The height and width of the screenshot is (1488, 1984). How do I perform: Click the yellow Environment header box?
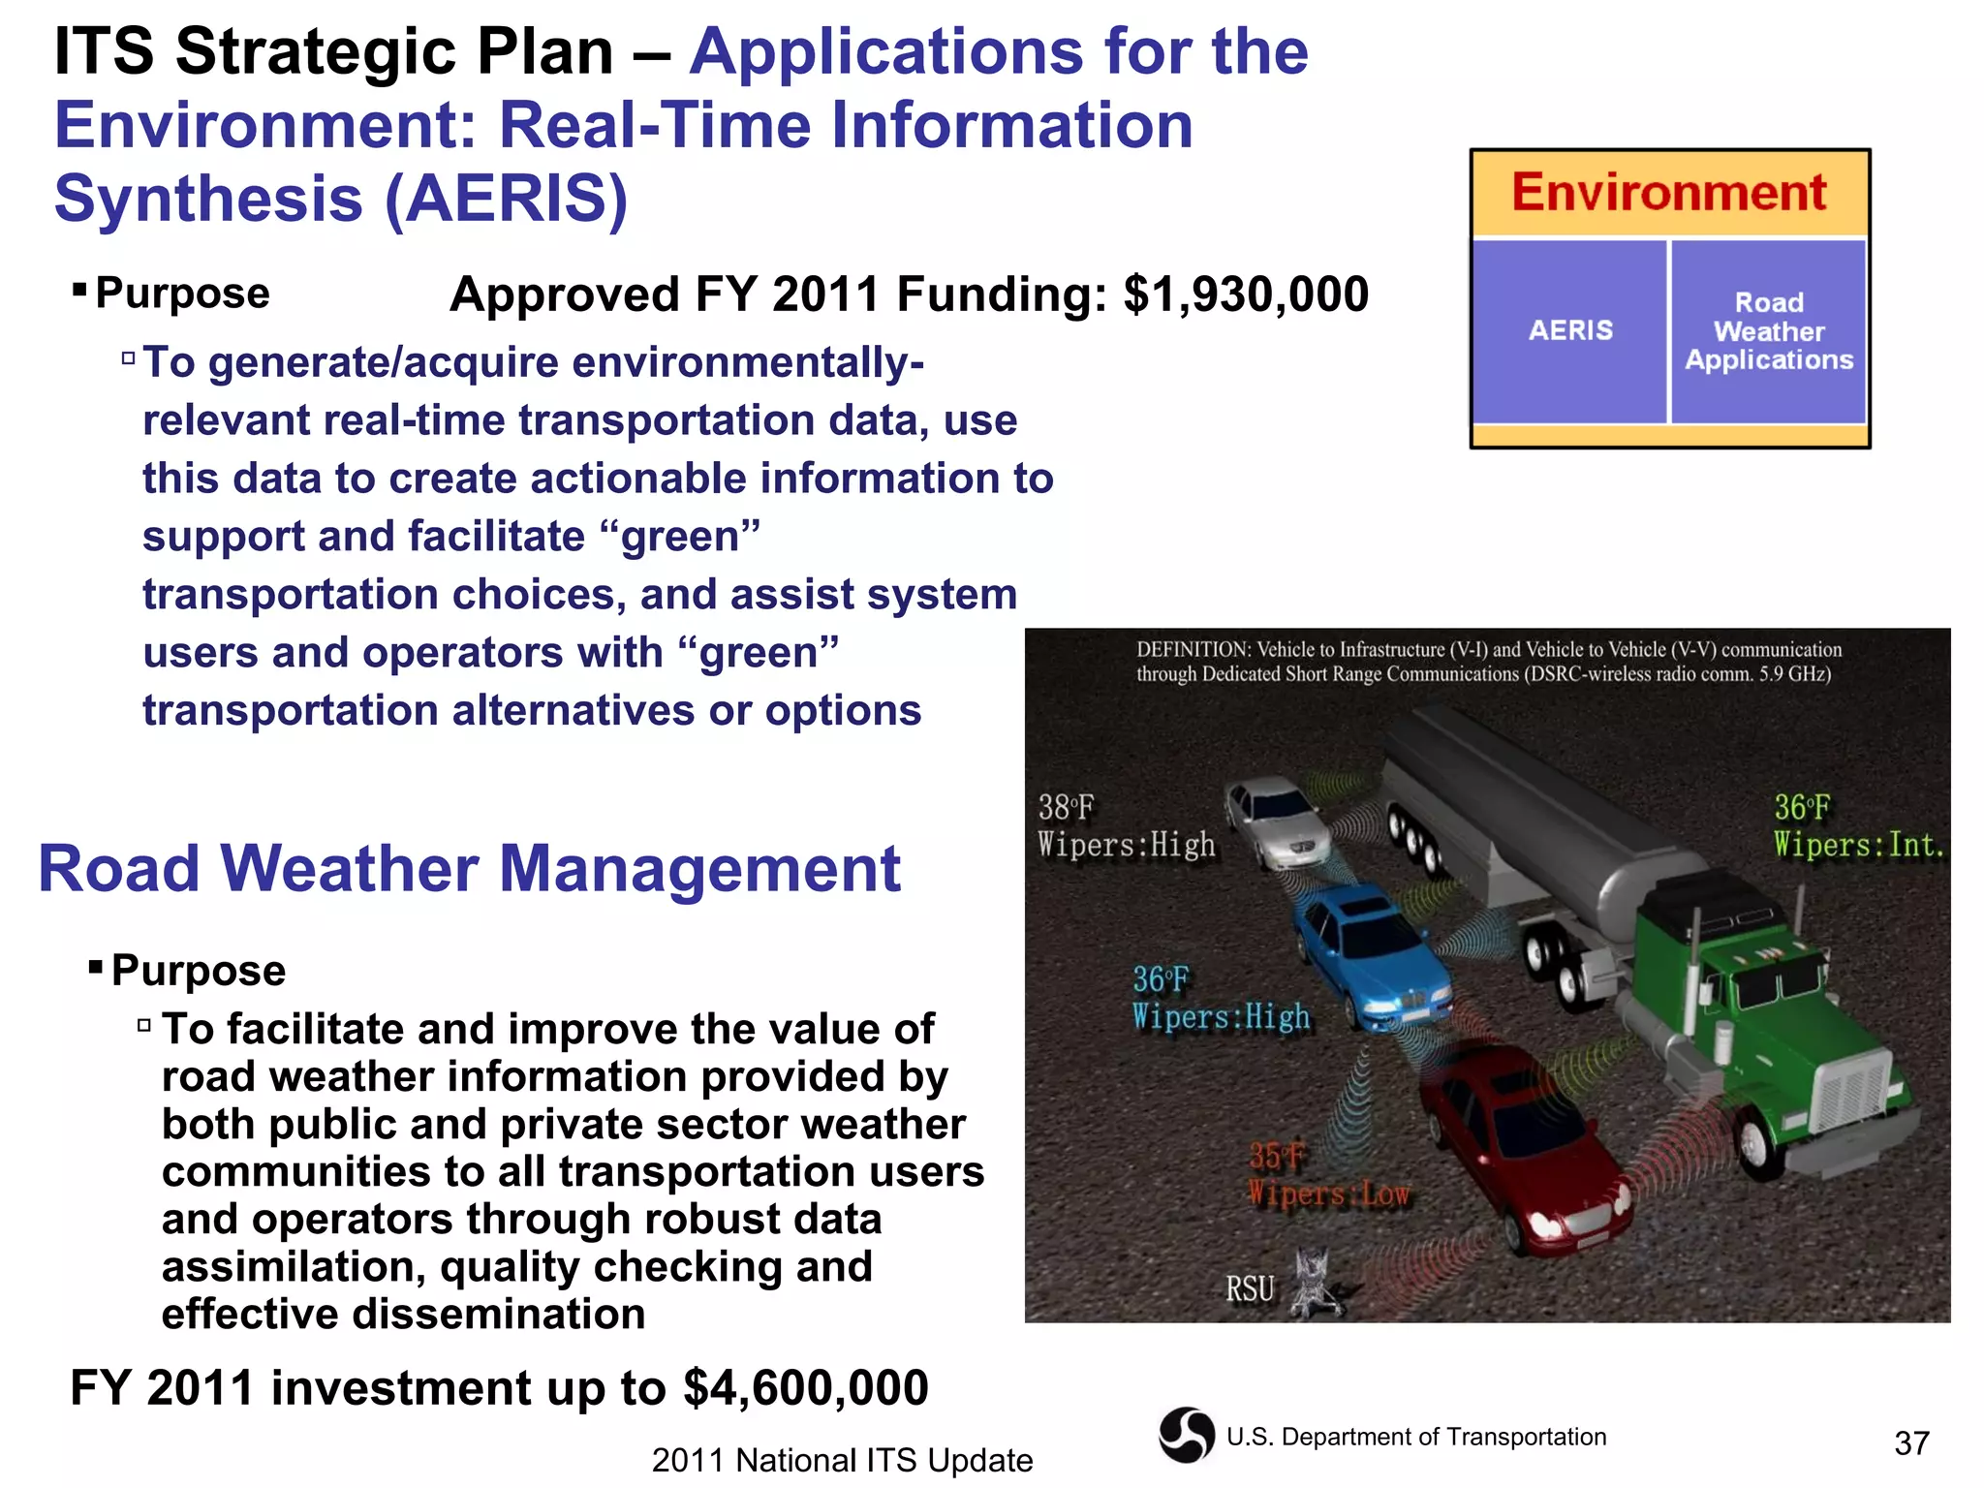point(1669,193)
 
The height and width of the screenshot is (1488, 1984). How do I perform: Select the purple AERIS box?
point(1570,330)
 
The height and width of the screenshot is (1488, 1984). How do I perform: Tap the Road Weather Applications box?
point(1768,330)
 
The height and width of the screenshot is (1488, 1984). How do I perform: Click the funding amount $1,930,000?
point(1246,294)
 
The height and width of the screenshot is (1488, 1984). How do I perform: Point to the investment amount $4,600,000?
point(805,1387)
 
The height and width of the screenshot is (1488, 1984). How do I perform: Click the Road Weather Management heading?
point(469,868)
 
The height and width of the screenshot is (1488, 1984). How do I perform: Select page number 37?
point(1911,1443)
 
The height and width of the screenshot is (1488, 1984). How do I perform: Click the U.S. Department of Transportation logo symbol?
point(1186,1435)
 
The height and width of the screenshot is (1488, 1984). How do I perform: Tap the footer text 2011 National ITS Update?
point(842,1460)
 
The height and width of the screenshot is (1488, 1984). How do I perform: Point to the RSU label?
point(1250,1289)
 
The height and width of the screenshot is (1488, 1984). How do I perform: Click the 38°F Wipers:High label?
point(1125,826)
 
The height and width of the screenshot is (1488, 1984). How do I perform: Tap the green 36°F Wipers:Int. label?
point(1858,826)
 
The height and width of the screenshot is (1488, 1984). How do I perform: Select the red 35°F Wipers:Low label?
point(1327,1175)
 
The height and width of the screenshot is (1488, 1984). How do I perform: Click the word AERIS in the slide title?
point(506,199)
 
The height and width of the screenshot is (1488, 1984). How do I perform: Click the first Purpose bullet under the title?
point(182,294)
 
